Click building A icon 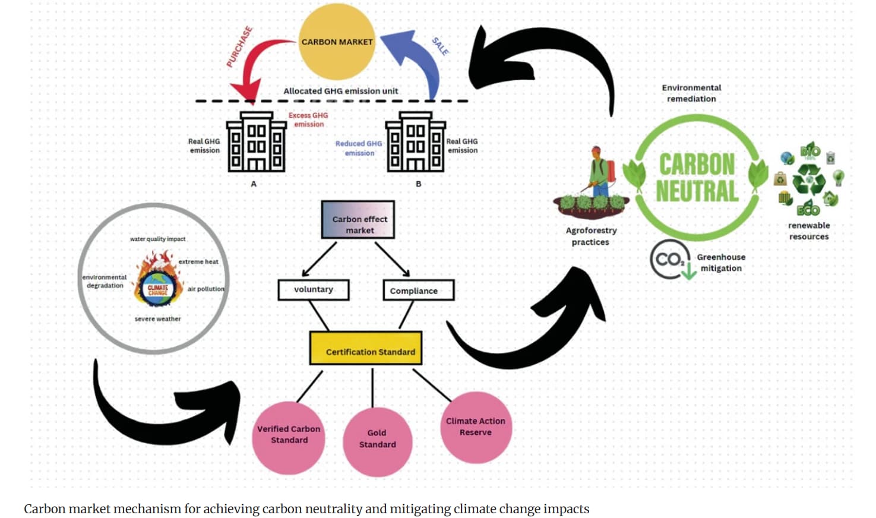256,142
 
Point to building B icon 415,142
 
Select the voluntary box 314,290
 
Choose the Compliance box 418,290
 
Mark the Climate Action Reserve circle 476,428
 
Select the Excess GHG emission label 308,120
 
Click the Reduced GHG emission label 359,149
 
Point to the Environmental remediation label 691,93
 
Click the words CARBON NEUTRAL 697,177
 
